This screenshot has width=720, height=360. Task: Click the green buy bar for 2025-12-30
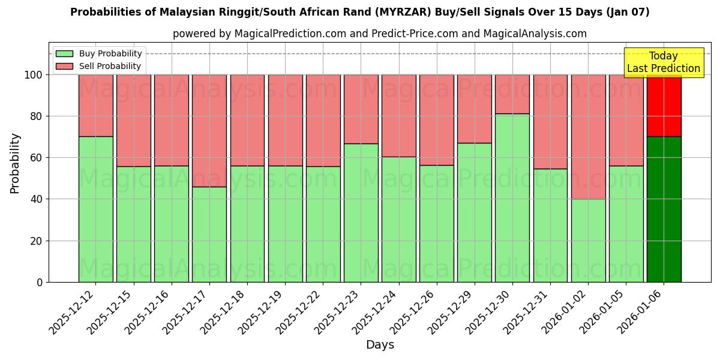point(512,197)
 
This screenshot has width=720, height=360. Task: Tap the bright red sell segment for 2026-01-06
point(664,106)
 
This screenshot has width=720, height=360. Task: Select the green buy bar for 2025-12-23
point(361,212)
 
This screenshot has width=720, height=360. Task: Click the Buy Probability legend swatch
point(64,54)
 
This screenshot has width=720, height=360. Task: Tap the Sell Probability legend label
point(110,67)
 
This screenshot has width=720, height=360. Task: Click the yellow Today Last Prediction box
point(663,62)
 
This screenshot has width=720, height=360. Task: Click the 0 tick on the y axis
point(40,282)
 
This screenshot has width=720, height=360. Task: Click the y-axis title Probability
point(15,163)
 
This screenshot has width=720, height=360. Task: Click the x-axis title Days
point(380,345)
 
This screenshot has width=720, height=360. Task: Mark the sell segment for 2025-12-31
point(550,121)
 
